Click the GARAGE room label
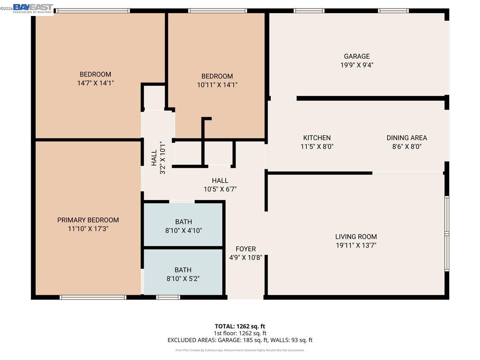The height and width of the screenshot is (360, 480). pyautogui.click(x=357, y=56)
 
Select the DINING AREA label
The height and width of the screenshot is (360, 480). pyautogui.click(x=406, y=138)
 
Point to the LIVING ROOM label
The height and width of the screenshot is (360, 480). pyautogui.click(x=356, y=236)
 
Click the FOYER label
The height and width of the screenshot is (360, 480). pyautogui.click(x=245, y=249)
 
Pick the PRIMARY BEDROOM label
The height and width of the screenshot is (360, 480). pyautogui.click(x=88, y=220)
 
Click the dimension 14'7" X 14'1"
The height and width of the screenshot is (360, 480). pyautogui.click(x=95, y=83)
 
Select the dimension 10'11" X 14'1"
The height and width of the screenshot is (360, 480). pyautogui.click(x=217, y=85)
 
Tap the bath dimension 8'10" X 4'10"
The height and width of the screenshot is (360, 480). pyautogui.click(x=183, y=230)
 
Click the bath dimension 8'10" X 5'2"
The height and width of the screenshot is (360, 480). pyautogui.click(x=183, y=278)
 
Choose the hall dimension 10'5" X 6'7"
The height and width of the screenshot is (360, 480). pyautogui.click(x=220, y=189)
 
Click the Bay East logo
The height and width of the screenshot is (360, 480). pyautogui.click(x=33, y=8)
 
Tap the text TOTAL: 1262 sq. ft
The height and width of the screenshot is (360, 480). pyautogui.click(x=240, y=326)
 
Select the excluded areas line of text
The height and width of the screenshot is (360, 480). pyautogui.click(x=240, y=340)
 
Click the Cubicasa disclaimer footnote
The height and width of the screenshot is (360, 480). pyautogui.click(x=240, y=350)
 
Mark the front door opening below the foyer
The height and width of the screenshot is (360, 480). pyautogui.click(x=245, y=297)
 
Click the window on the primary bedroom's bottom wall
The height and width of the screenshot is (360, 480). pyautogui.click(x=93, y=297)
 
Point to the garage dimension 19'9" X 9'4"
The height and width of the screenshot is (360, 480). pyautogui.click(x=357, y=65)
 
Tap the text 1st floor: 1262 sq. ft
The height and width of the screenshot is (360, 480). pyautogui.click(x=240, y=333)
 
